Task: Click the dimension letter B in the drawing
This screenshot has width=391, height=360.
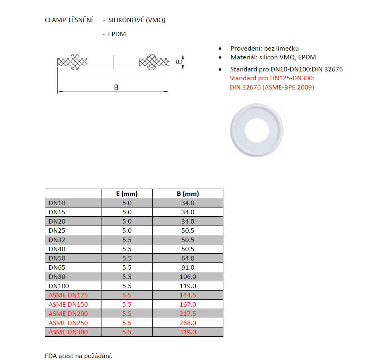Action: click(x=116, y=87)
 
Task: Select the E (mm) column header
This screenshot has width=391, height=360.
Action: click(x=127, y=193)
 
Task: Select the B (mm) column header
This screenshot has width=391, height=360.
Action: click(x=188, y=193)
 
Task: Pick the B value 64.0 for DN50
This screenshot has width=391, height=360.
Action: click(x=188, y=258)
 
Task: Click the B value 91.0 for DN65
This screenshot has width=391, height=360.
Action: click(x=188, y=267)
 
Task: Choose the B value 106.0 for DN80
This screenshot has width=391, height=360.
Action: click(x=188, y=277)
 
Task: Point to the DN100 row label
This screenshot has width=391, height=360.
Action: click(x=59, y=286)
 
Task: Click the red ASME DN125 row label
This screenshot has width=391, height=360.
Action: click(x=68, y=295)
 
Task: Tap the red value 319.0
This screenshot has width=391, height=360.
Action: click(x=188, y=332)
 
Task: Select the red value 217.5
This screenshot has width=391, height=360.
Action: click(x=188, y=313)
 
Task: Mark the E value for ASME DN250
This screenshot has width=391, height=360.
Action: click(x=127, y=323)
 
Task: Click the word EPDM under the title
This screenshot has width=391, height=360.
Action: click(x=117, y=34)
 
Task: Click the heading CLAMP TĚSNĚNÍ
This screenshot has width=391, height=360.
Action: click(x=69, y=20)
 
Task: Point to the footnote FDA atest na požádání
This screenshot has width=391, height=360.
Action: click(x=79, y=356)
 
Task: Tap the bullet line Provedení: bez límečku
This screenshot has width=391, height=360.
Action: click(x=264, y=48)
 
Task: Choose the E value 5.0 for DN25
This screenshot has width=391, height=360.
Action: click(x=127, y=230)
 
